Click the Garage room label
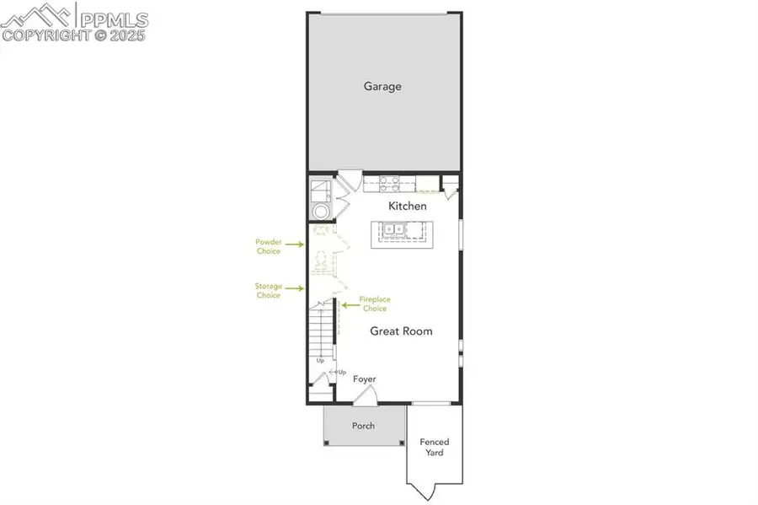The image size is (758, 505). [x=382, y=86]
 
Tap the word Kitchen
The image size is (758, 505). [x=407, y=206]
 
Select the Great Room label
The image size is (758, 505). [x=401, y=331]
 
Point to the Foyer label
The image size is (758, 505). [x=364, y=379]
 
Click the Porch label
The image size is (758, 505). [x=363, y=426]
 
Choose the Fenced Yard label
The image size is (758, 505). [x=435, y=447]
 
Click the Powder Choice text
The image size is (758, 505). [x=268, y=245]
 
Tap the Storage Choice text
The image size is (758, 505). [x=268, y=291]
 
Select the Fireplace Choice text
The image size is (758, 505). [x=374, y=304]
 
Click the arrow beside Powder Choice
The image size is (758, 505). [x=294, y=246]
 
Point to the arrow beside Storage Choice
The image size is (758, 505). [x=294, y=291]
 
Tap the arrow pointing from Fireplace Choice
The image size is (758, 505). [x=347, y=304]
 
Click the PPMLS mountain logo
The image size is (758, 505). [x=39, y=14]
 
